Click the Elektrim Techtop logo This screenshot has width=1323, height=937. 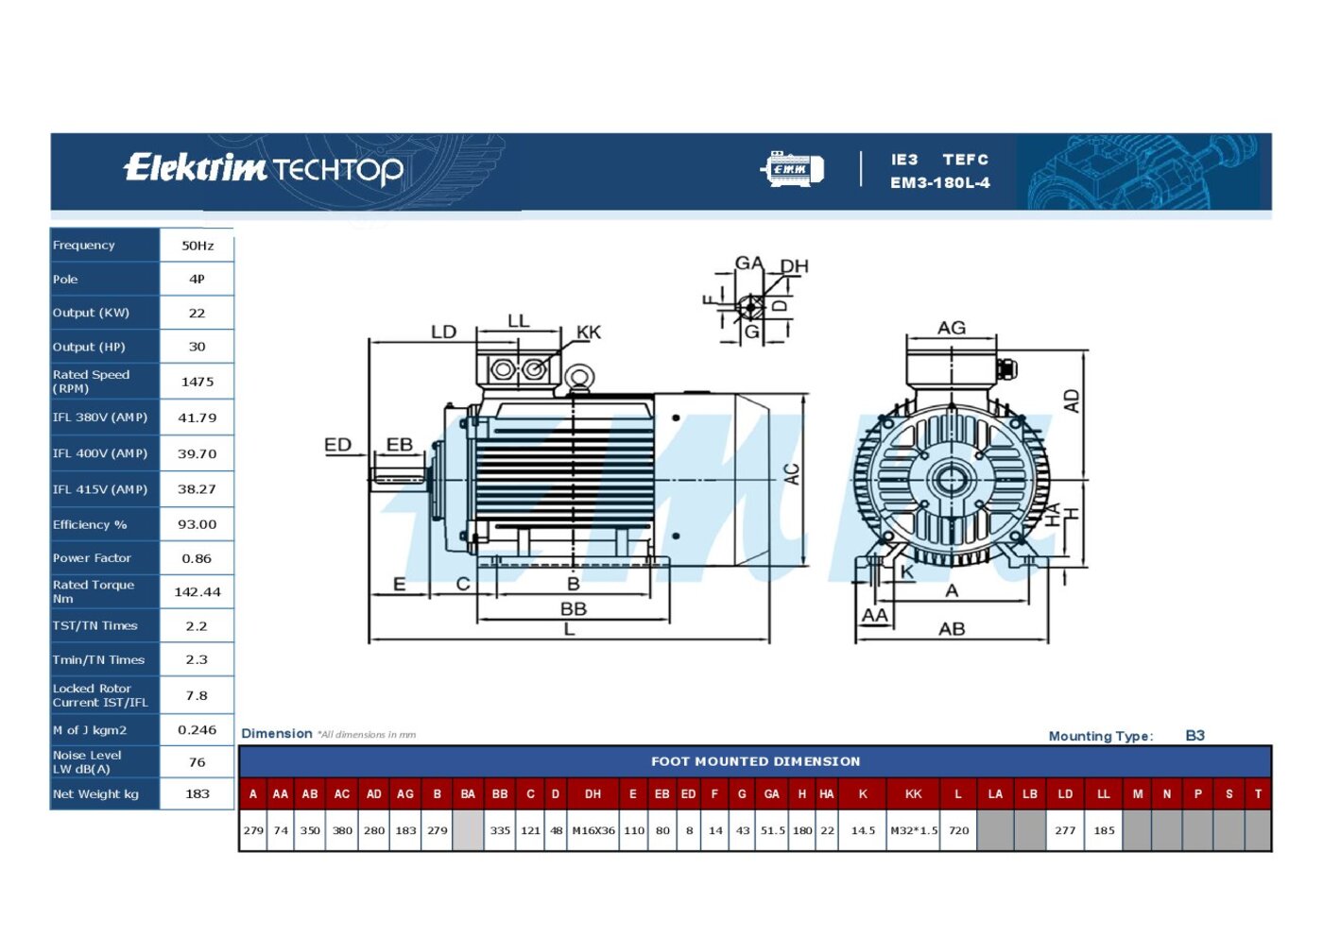click(264, 169)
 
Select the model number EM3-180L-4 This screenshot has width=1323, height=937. click(939, 183)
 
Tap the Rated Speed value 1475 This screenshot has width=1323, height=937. click(198, 382)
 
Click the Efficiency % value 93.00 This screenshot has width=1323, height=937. click(198, 524)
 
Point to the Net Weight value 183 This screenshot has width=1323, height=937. click(198, 794)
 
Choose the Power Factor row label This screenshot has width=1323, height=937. click(92, 558)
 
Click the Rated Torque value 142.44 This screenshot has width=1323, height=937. click(198, 592)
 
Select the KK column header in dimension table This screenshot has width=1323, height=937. click(913, 794)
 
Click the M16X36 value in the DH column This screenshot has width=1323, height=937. click(593, 830)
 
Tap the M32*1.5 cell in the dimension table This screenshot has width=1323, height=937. click(914, 830)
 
